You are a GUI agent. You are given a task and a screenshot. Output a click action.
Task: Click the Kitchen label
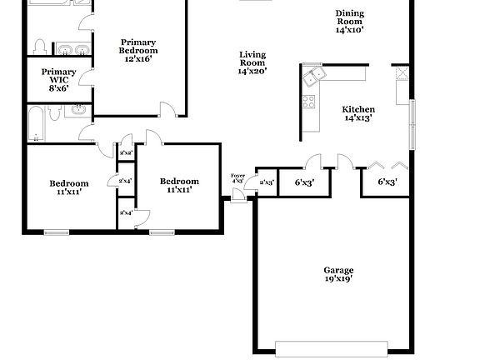(358, 109)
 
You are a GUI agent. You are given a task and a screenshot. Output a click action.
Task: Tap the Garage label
(338, 270)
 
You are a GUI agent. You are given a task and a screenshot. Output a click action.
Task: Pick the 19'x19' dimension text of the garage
(338, 279)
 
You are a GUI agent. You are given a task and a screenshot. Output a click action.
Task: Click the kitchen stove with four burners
(308, 103)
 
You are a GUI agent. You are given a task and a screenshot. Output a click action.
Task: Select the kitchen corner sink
(315, 77)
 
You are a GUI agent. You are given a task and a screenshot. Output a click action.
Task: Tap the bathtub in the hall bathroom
(36, 123)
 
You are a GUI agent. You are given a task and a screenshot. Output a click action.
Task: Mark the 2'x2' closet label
(127, 153)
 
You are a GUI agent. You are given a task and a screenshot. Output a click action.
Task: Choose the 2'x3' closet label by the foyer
(267, 182)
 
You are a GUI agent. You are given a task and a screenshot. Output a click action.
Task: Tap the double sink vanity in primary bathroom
(67, 48)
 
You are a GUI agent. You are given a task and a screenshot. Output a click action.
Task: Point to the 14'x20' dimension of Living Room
(252, 72)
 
